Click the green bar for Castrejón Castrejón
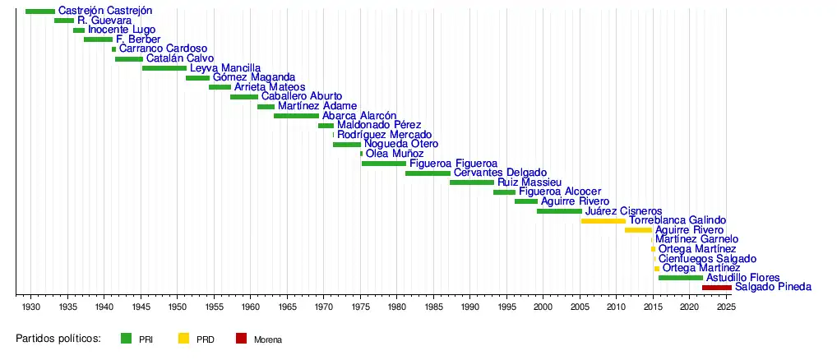click(x=40, y=12)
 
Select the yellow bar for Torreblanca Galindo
click(x=603, y=221)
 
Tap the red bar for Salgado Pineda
click(x=716, y=288)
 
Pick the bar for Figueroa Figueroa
click(x=383, y=164)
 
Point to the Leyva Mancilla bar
click(x=164, y=68)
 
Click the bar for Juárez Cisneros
click(x=559, y=211)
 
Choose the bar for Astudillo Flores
click(x=680, y=278)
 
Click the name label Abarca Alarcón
click(x=359, y=116)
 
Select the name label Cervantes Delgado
click(x=500, y=173)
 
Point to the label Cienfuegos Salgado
click(x=707, y=259)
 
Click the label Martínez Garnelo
click(x=696, y=239)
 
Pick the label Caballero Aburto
click(x=302, y=97)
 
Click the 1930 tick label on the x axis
click(x=31, y=307)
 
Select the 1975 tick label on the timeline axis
click(x=360, y=307)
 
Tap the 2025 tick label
click(x=726, y=307)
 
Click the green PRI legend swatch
click(x=126, y=338)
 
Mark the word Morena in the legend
click(x=268, y=339)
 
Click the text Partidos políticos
click(x=58, y=338)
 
